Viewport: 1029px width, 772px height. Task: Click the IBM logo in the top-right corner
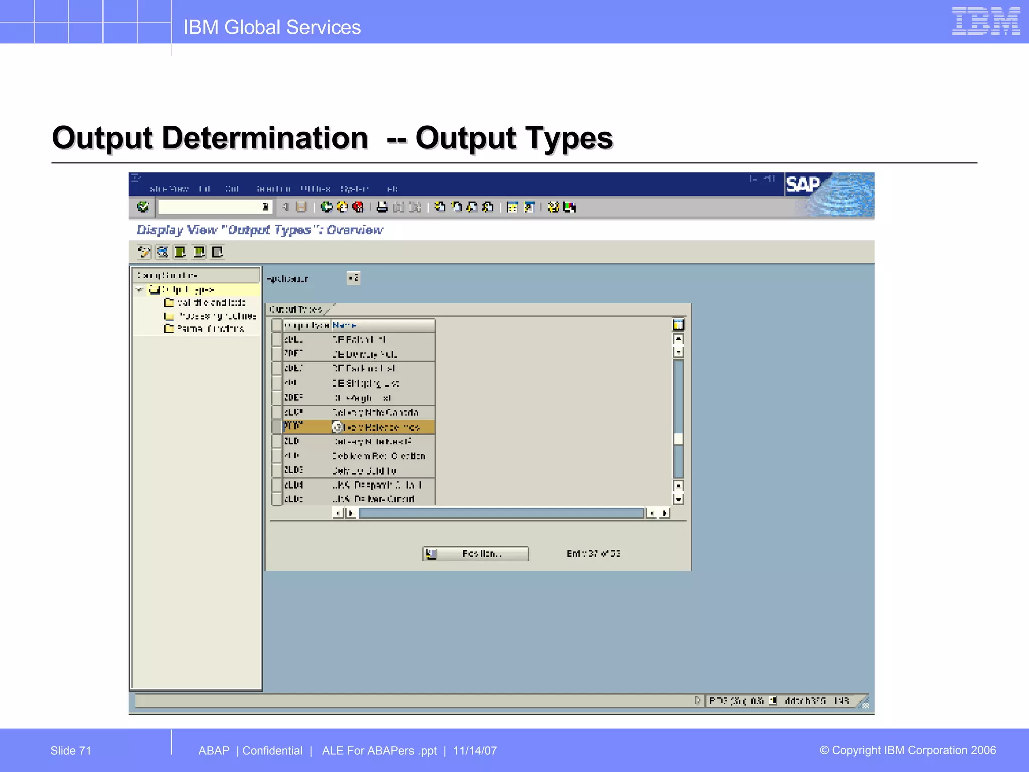pos(985,21)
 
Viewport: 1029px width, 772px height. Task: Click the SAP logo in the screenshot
pos(803,184)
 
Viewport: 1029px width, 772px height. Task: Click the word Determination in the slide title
pos(265,138)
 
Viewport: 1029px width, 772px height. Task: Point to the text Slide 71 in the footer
pos(71,750)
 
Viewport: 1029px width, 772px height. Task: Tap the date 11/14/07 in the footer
pos(475,750)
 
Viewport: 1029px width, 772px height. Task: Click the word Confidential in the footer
pos(272,750)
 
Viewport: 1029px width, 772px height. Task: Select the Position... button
pos(475,553)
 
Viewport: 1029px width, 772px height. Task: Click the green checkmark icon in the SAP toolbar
pos(143,207)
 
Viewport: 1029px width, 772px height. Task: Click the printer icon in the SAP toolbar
pos(382,207)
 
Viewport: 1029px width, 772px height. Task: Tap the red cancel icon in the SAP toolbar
pos(358,207)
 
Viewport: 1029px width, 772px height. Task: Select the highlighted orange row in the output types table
pos(358,427)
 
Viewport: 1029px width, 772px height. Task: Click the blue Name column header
pos(345,325)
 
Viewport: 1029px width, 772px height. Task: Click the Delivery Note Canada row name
pos(375,412)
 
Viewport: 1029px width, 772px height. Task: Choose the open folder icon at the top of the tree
pos(154,289)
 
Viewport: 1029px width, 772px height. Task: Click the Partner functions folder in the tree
pos(210,329)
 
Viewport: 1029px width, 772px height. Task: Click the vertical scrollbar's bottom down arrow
pos(678,499)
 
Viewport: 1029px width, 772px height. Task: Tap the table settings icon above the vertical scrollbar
pos(678,325)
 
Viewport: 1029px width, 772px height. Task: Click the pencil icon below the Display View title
pos(144,252)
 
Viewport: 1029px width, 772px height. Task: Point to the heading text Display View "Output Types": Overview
pos(259,230)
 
